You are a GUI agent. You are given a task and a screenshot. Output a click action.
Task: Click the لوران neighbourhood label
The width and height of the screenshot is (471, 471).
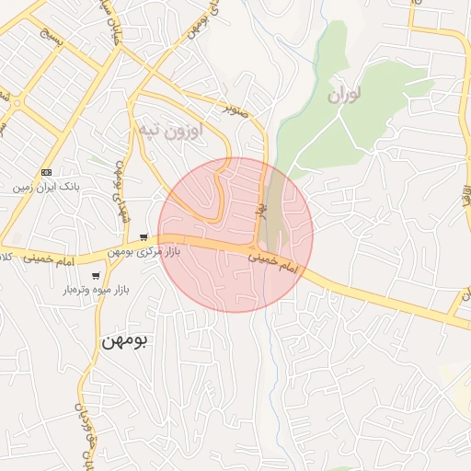click(x=341, y=95)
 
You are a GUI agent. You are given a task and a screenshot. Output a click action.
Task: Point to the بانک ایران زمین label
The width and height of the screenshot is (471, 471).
click(x=47, y=188)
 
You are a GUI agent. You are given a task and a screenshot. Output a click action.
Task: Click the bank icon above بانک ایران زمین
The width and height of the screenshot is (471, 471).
click(x=47, y=172)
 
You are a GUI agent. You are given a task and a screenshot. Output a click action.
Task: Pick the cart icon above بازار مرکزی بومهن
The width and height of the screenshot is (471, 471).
click(x=144, y=236)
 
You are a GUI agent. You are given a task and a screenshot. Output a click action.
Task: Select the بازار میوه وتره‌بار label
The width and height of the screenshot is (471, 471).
click(x=97, y=290)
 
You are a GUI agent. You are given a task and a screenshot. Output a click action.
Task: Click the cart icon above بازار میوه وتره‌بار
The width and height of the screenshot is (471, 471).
click(x=96, y=275)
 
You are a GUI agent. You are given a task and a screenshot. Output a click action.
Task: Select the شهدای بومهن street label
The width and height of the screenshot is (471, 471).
click(x=119, y=194)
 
